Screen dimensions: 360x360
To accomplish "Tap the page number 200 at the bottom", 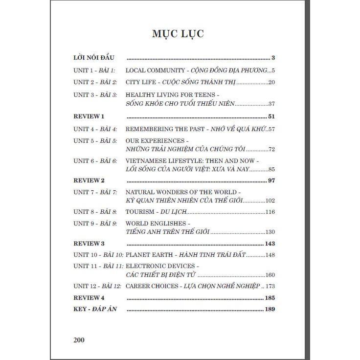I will click(79, 340).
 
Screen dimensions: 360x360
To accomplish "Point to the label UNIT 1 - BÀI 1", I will click(94, 70).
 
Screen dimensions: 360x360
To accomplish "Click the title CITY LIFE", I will click(140, 82).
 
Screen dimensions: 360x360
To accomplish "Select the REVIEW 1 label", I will click(89, 116).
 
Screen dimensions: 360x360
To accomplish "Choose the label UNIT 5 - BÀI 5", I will click(95, 141).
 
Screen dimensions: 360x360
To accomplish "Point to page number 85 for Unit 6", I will click(272, 169).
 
